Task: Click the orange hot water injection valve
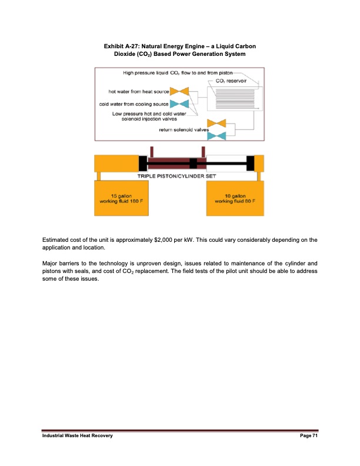click(x=179, y=91)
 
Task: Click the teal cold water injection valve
click(x=179, y=104)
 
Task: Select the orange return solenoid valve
click(x=218, y=124)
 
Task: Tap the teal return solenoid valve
click(x=218, y=136)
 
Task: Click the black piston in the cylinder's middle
click(x=194, y=162)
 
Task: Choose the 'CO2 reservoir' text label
click(x=231, y=79)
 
